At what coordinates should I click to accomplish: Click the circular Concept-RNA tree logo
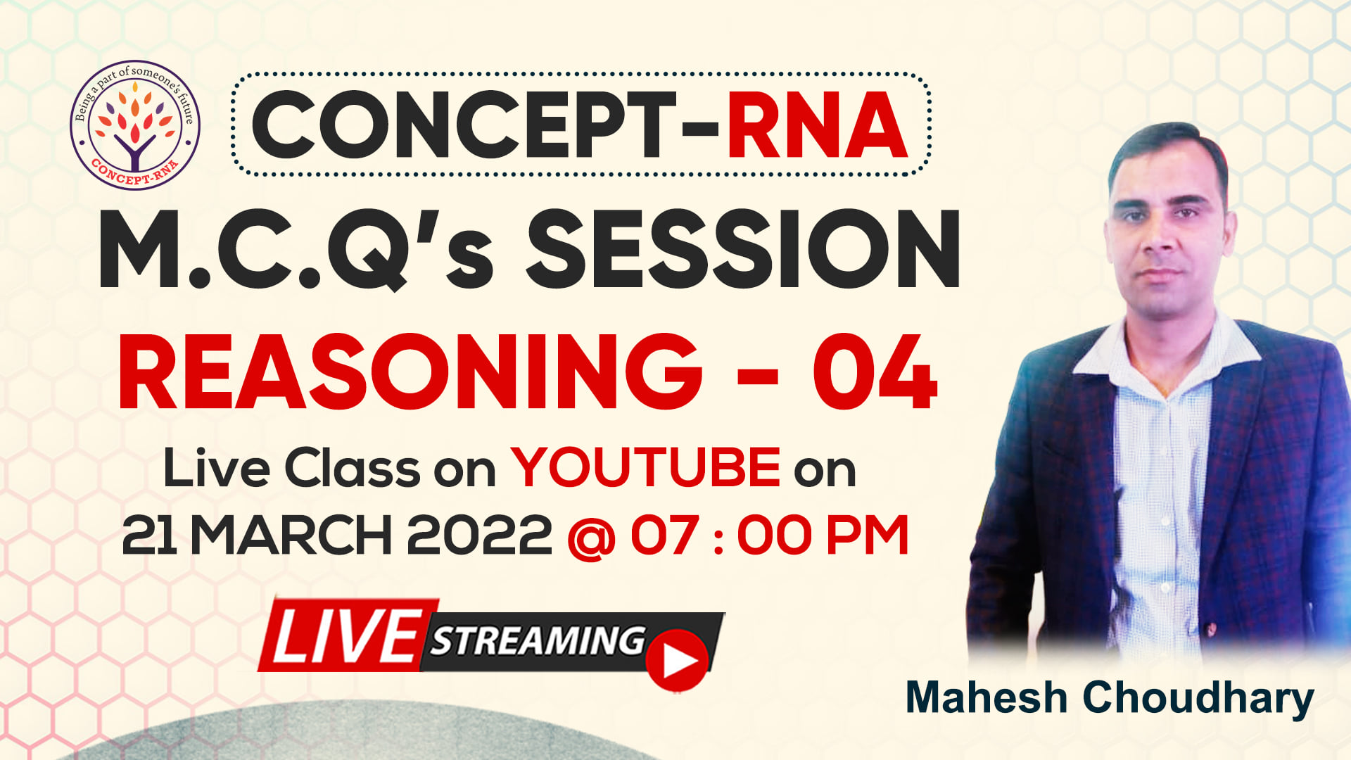tap(135, 125)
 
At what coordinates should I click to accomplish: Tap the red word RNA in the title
tap(817, 125)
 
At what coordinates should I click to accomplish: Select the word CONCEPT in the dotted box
tap(462, 125)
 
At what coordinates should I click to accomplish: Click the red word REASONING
tap(410, 372)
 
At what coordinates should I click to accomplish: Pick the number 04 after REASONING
tap(875, 372)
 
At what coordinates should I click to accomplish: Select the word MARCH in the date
tap(291, 536)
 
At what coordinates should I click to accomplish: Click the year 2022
tap(479, 536)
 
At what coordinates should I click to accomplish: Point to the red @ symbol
tap(591, 538)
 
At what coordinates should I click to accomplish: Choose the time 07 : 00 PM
tap(770, 536)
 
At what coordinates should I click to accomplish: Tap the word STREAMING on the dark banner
tap(538, 640)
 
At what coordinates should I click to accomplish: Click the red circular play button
tap(677, 660)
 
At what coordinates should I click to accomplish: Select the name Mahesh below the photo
tap(986, 697)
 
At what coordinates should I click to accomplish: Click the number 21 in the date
tap(149, 536)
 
